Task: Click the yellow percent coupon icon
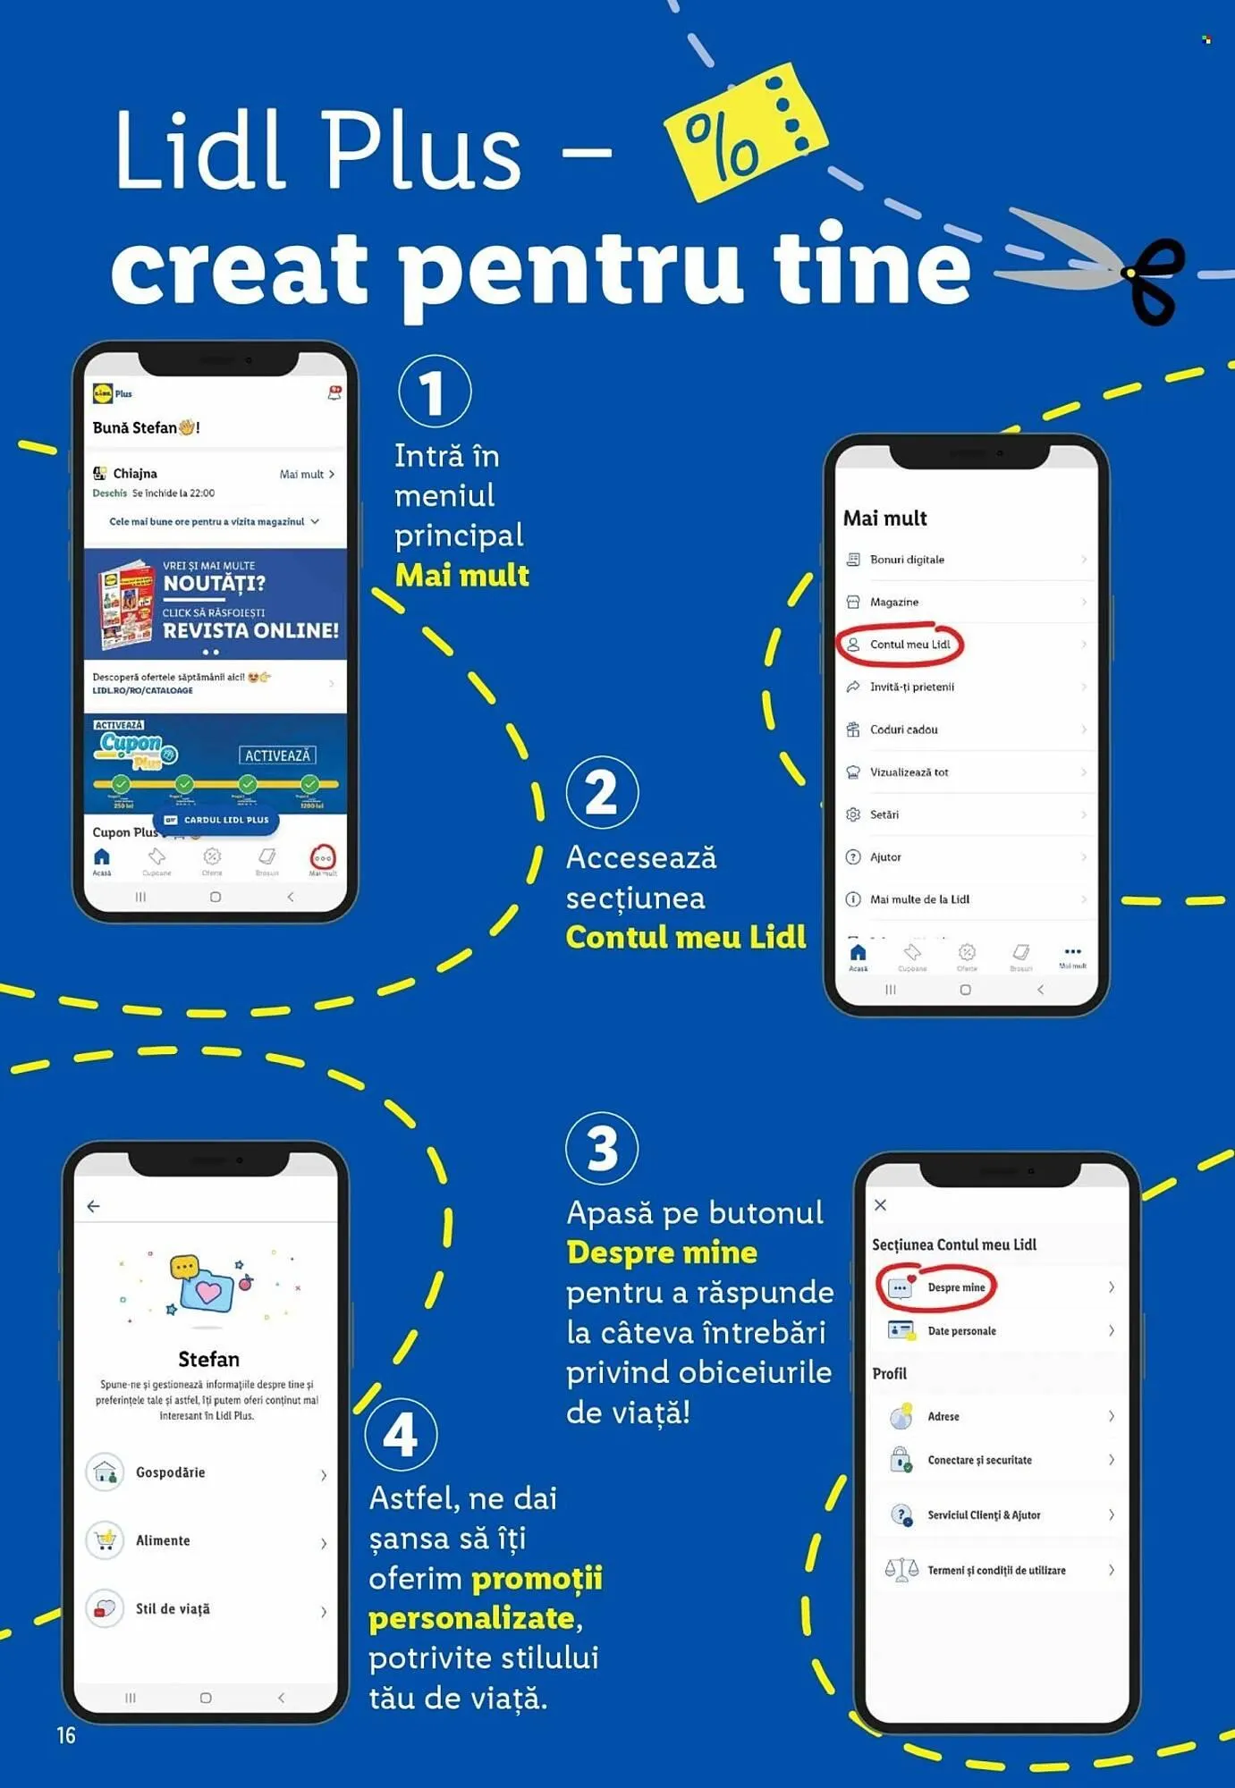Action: point(744,131)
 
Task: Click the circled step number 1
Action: point(434,392)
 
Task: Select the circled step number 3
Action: point(602,1148)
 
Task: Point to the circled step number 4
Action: point(401,1435)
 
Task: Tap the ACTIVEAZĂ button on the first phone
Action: point(277,755)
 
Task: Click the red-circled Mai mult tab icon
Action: point(323,858)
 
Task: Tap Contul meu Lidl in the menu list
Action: point(909,645)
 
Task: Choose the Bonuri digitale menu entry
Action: point(907,560)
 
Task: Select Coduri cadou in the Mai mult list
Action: point(903,730)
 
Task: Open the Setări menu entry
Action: point(884,814)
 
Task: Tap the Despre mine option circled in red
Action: point(955,1287)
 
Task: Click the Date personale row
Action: point(961,1331)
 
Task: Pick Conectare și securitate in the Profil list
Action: point(979,1460)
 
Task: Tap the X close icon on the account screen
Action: point(881,1205)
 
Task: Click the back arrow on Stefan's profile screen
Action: point(93,1206)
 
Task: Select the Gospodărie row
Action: point(170,1472)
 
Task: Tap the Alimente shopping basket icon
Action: point(106,1540)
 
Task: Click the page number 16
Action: point(66,1735)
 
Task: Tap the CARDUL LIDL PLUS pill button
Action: point(217,820)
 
